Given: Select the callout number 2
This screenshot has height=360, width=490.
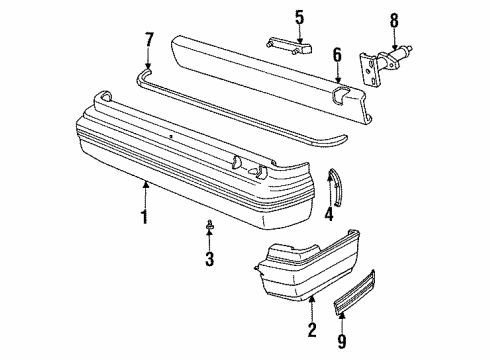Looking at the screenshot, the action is pyautogui.click(x=312, y=330).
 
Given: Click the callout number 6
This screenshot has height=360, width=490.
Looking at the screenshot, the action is pyautogui.click(x=337, y=56).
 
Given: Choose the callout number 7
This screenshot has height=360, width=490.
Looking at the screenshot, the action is pyautogui.click(x=149, y=40).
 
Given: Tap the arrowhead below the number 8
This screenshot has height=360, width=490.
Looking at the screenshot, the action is pyautogui.click(x=394, y=44).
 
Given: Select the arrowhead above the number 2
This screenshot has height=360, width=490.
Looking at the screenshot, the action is pyautogui.click(x=312, y=298).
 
